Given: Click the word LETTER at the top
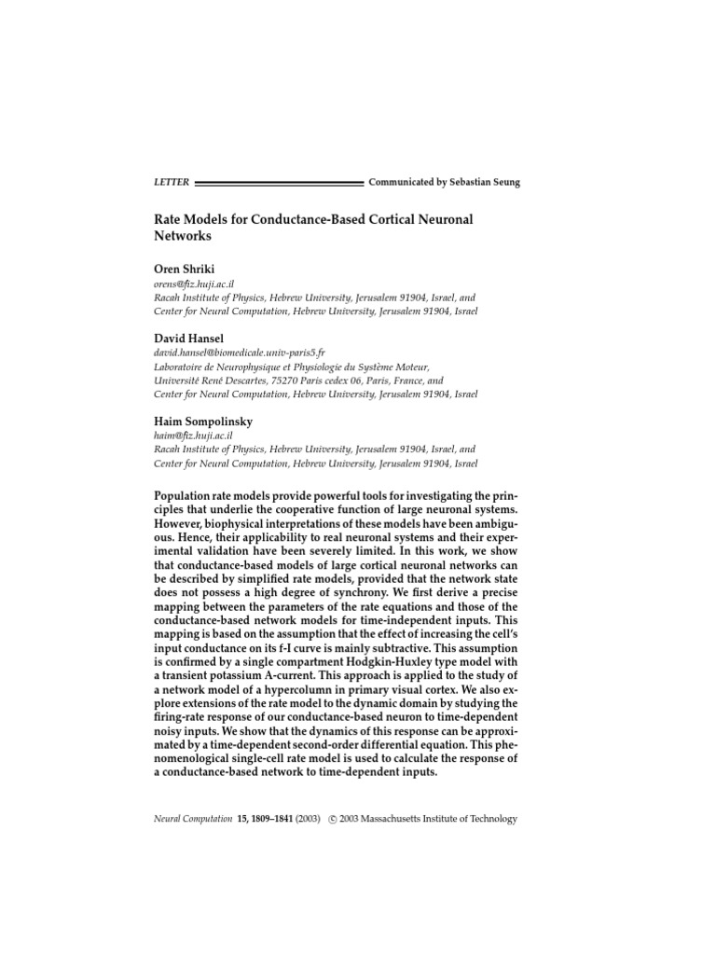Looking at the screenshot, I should point(171,183).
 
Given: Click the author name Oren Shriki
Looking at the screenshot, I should point(183,269).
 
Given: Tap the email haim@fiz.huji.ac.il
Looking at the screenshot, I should point(193,436).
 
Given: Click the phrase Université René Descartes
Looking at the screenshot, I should point(207,381).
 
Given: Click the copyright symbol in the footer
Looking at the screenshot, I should point(333,819).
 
